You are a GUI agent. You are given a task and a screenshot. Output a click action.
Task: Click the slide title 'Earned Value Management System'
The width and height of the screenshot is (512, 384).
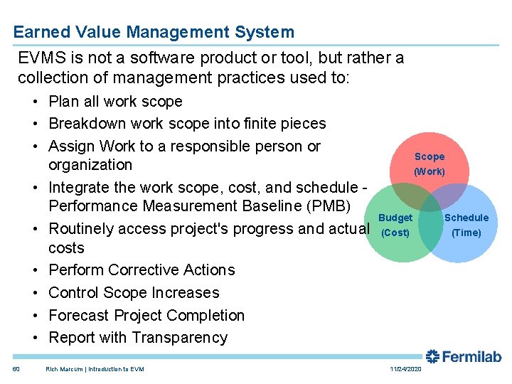[154, 32]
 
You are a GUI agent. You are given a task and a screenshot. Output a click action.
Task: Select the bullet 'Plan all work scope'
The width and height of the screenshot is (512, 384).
[115, 101]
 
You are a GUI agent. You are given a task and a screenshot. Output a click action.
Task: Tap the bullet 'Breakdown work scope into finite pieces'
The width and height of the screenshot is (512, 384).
[187, 124]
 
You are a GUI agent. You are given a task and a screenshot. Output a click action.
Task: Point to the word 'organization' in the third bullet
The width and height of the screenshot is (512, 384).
[90, 165]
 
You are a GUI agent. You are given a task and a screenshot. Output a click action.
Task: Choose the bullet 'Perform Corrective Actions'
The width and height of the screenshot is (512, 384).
[142, 270]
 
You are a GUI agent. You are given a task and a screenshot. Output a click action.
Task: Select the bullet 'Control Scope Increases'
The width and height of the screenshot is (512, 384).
[134, 293]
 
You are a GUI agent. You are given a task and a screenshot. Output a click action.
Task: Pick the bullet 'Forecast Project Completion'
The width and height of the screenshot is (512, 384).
[146, 315]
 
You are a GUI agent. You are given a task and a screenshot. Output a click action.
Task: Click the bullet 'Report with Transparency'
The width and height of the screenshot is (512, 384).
[138, 338]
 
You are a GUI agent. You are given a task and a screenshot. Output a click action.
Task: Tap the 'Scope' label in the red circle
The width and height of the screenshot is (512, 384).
[430, 156]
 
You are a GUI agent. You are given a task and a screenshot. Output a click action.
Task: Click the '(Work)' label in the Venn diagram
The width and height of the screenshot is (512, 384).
[430, 171]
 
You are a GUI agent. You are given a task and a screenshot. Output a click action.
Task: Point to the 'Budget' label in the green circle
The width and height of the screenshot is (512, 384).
[395, 218]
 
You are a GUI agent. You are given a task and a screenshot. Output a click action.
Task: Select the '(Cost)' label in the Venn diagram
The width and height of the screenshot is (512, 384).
[395, 233]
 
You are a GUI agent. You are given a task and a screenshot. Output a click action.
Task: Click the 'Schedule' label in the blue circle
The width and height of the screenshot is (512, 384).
[466, 218]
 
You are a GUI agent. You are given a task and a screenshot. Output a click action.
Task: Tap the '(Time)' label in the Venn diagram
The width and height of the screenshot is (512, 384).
[466, 233]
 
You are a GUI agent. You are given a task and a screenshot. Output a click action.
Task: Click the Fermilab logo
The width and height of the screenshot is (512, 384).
[464, 357]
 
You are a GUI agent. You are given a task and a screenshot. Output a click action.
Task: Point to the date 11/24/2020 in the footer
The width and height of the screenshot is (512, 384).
[406, 369]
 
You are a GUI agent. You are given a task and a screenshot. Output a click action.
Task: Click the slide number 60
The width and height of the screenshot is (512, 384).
[16, 369]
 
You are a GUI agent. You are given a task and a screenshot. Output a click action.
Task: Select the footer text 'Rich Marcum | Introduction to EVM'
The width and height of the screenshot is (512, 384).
[95, 369]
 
